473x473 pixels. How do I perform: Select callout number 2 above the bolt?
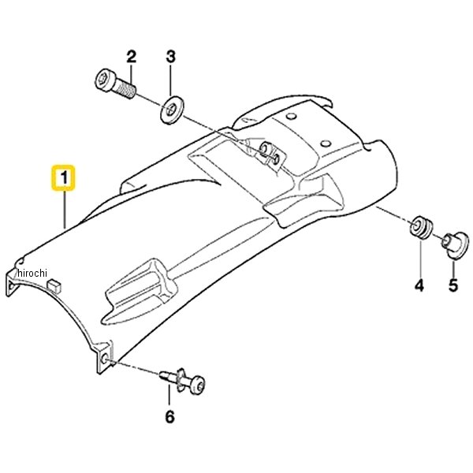click(131, 57)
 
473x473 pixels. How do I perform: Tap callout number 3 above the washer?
click(171, 57)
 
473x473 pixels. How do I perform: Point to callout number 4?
click(419, 285)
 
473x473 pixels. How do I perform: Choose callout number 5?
click(453, 285)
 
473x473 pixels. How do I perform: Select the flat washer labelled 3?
click(171, 110)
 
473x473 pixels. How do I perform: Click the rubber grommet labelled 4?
click(422, 227)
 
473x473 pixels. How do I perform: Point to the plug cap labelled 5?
click(456, 245)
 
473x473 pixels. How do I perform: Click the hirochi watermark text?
click(32, 273)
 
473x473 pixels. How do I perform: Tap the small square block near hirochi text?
click(54, 285)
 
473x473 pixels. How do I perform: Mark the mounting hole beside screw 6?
click(105, 359)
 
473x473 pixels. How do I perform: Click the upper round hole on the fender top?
click(291, 116)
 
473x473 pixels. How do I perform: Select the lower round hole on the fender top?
click(326, 143)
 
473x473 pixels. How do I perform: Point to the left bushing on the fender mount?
click(265, 149)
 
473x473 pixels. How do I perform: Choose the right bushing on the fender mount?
click(276, 158)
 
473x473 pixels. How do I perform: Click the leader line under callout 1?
click(65, 209)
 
